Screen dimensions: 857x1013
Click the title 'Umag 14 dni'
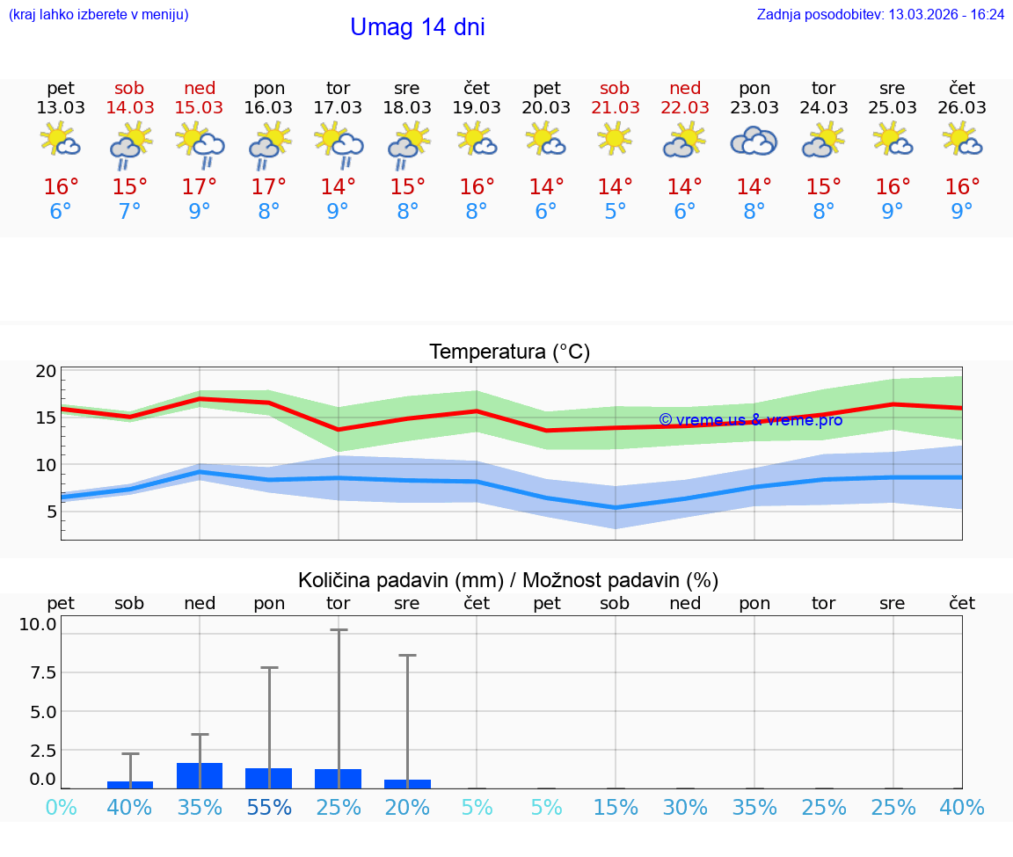click(417, 27)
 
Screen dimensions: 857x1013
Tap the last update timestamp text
click(880, 15)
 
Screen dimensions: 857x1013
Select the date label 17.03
click(338, 107)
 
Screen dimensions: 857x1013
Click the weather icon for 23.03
click(754, 142)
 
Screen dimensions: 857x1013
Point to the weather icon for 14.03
click(130, 144)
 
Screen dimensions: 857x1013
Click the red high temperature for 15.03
click(200, 187)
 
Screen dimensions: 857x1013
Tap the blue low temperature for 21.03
click(615, 212)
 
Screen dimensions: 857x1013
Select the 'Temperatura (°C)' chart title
click(509, 352)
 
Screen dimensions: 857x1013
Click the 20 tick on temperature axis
click(46, 371)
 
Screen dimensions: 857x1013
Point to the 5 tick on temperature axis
click(52, 512)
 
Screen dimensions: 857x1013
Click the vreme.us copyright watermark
click(750, 420)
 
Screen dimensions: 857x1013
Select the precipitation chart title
click(508, 580)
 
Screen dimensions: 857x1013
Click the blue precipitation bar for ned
click(200, 775)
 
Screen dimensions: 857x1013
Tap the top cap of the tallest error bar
click(339, 630)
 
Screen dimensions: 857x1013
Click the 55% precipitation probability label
click(269, 808)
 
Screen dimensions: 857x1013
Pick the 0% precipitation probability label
click(61, 808)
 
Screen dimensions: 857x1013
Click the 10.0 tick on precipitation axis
click(39, 625)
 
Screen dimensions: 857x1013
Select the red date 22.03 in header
click(684, 107)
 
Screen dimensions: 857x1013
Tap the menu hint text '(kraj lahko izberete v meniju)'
click(98, 15)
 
